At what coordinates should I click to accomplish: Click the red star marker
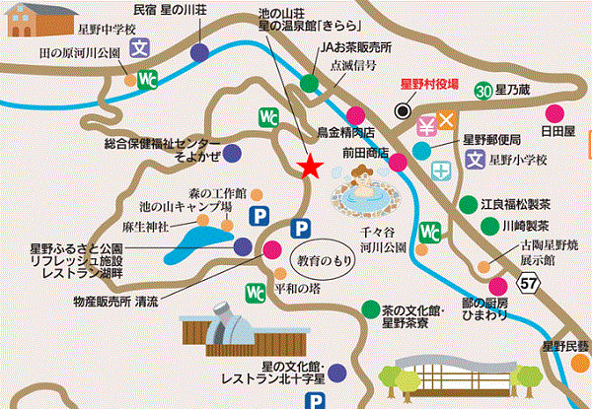(311, 166)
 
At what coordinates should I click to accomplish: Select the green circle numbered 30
(482, 91)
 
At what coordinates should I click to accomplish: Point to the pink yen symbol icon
(426, 124)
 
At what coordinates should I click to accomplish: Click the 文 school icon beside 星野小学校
(475, 157)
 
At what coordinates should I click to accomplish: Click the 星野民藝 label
(564, 345)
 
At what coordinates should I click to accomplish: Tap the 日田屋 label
(558, 129)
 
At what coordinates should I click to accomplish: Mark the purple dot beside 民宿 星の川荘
(200, 52)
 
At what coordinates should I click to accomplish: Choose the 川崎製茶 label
(506, 225)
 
